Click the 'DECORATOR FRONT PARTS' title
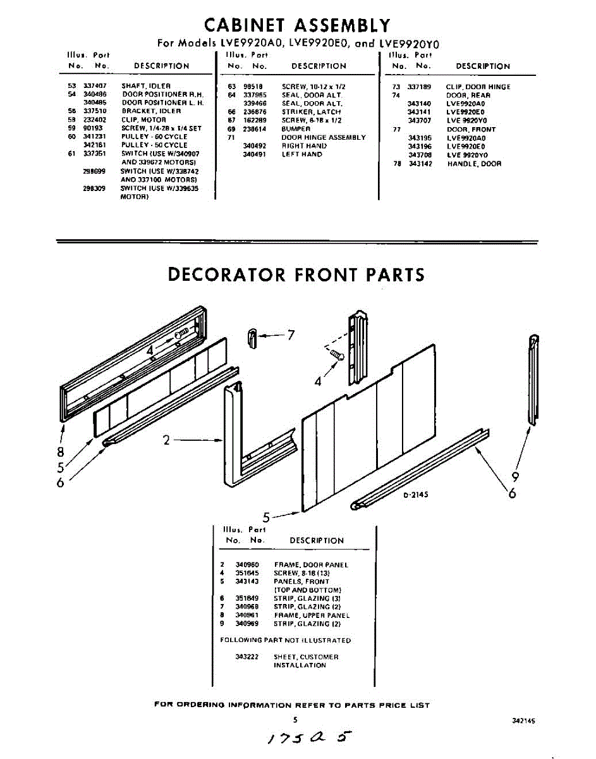tap(296, 275)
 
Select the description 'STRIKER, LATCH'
tap(311, 112)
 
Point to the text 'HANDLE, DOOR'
tap(474, 164)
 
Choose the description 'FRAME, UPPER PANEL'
tap(312, 615)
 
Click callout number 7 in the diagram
tap(291, 335)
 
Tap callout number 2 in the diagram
tap(167, 440)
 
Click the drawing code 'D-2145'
tap(415, 495)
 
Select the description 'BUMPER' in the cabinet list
tap(296, 129)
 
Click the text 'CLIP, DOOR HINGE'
tap(478, 87)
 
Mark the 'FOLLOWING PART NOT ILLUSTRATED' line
tap(285, 640)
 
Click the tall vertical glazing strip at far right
tap(533, 379)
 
